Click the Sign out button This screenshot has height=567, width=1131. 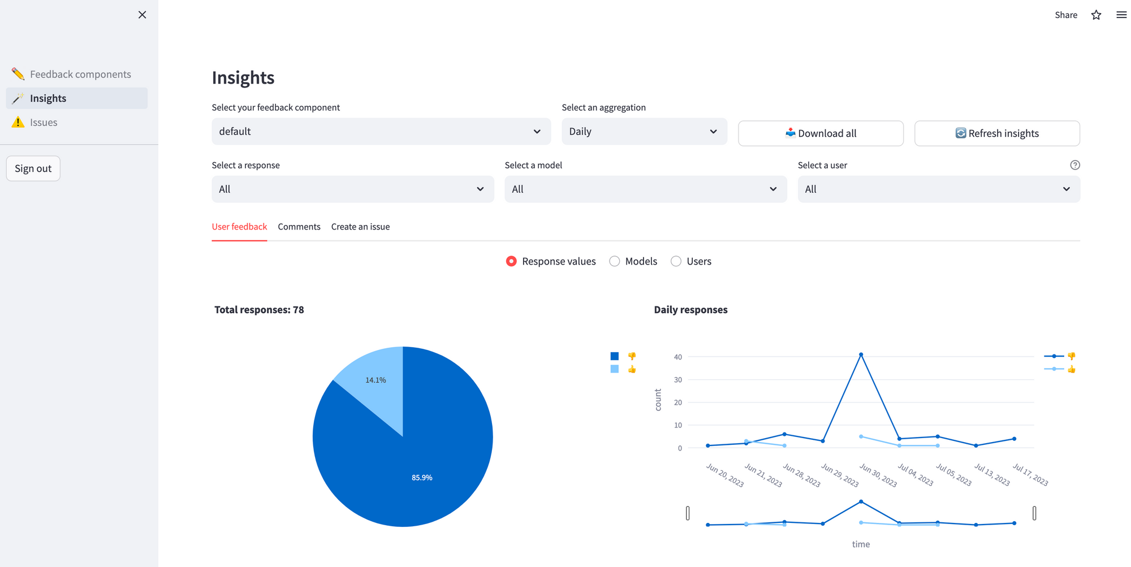pos(33,168)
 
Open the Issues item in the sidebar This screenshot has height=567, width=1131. pos(44,122)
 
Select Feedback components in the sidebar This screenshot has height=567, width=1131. pos(80,74)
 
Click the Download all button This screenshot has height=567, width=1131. pos(821,133)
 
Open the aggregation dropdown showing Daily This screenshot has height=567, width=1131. pos(644,131)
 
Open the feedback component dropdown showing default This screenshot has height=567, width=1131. pos(381,131)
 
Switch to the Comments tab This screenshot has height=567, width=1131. pos(299,227)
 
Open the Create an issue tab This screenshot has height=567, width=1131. pos(360,227)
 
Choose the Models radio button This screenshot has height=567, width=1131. pos(615,261)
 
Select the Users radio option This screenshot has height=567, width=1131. pos(676,261)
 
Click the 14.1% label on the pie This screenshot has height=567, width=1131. pos(375,380)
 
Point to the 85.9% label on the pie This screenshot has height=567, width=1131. pos(422,478)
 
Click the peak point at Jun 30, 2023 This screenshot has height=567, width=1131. pos(861,354)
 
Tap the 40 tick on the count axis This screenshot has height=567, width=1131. pos(677,357)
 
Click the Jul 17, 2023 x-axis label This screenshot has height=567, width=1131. pos(1030,475)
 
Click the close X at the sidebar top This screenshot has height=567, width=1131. pos(142,15)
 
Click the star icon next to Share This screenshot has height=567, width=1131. pos(1096,15)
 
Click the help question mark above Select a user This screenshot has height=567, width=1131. pos(1074,165)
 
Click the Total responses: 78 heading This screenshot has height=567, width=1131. pos(259,310)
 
